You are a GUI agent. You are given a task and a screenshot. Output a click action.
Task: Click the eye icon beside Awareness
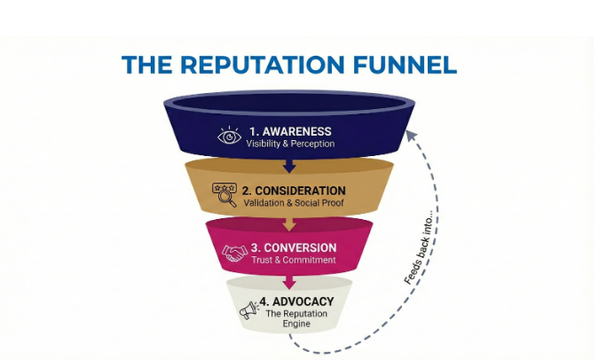click(230, 137)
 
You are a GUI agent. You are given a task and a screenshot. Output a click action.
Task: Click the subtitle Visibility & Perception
click(290, 144)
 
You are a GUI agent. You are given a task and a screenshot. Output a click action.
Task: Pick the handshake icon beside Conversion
click(234, 253)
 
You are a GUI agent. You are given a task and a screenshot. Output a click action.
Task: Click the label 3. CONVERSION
click(293, 247)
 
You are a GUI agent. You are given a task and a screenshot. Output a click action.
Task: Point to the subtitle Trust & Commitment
click(292, 260)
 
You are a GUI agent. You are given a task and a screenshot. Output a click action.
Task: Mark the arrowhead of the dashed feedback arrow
click(409, 134)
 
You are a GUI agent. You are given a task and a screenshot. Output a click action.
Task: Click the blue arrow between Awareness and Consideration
click(287, 164)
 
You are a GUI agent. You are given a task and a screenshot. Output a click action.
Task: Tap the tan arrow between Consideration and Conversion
click(288, 223)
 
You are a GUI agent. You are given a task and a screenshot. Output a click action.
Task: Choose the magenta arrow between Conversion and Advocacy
click(287, 282)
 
